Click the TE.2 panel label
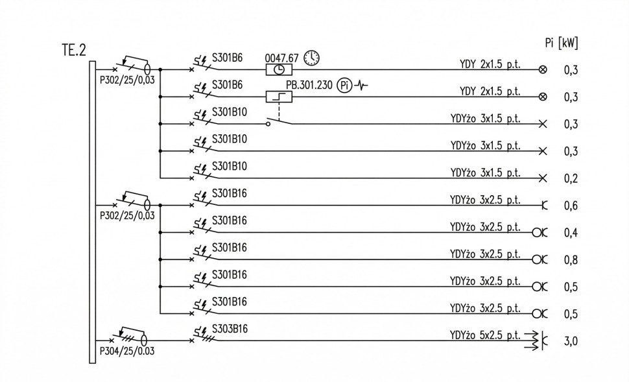coord(73,50)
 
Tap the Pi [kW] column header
coord(562,43)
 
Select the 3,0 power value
coord(571,341)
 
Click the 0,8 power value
coord(571,260)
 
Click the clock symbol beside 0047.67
coord(313,58)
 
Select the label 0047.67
coord(281,58)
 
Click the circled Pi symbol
coord(344,85)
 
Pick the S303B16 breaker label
coord(230,329)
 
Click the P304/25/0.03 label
coord(127,351)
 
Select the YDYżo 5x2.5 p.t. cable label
coord(484,335)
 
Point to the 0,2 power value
coord(571,178)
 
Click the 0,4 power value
coord(571,233)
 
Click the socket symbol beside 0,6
coord(544,206)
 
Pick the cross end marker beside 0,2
coord(543,178)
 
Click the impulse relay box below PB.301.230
coord(279,97)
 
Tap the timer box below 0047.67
coord(279,69)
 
